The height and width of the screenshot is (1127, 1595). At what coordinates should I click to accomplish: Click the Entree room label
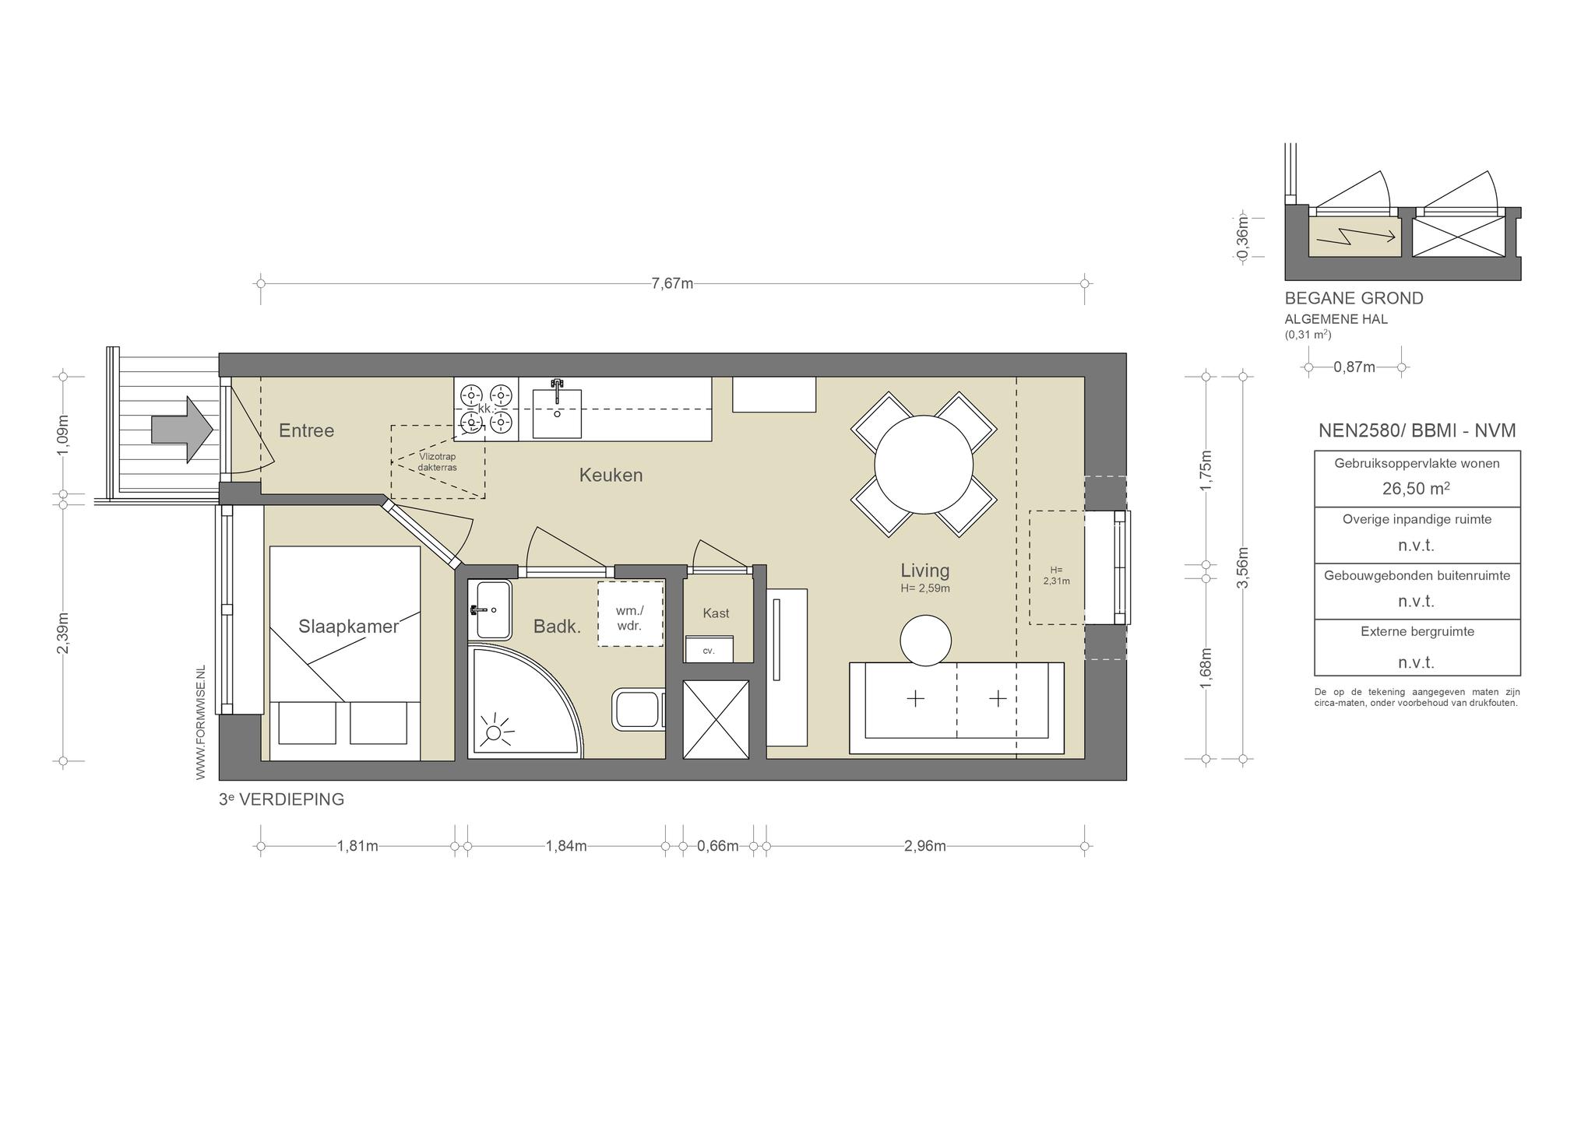coord(306,430)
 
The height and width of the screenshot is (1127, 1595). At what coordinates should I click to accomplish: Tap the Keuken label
coord(611,475)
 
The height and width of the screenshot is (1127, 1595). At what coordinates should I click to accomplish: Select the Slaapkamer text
coord(348,627)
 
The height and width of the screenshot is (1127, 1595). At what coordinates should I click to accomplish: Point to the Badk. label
coord(557,627)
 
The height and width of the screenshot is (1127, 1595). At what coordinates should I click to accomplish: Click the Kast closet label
coord(716,613)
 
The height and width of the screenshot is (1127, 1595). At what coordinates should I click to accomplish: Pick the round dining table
coord(924,465)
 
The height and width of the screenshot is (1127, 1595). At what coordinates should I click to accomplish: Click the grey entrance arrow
coord(182,429)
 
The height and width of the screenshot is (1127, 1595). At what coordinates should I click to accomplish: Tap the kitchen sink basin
coord(557,413)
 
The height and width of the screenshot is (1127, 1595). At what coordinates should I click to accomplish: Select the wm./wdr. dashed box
coord(630,613)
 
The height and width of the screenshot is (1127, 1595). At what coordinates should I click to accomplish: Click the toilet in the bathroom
coord(638,708)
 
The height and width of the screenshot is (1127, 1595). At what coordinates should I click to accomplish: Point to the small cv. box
coord(709,649)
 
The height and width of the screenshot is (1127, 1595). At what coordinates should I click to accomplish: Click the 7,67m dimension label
coord(672,283)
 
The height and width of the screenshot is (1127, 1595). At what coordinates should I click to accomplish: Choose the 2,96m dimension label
coord(925,846)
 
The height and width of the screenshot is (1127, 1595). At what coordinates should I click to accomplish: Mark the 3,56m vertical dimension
coord(1242,568)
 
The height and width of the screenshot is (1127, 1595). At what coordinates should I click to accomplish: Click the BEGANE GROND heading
coord(1354,298)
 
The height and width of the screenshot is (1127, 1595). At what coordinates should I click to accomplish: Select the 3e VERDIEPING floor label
coord(281,799)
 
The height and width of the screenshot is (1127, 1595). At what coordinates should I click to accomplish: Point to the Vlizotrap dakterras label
coord(437,462)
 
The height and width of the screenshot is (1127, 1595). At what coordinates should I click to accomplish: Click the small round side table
coord(925,641)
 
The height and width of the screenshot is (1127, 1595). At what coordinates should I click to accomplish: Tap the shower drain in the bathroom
coord(494,732)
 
